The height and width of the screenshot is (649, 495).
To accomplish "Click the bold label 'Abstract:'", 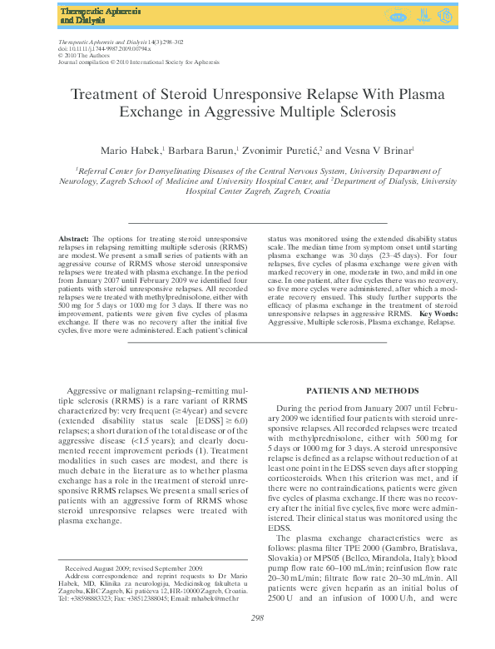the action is pos(74,237).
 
